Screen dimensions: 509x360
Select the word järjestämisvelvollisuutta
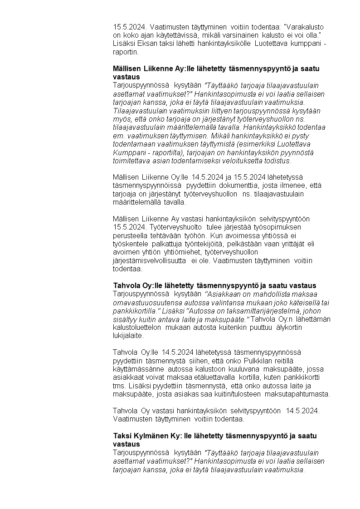tap(149, 260)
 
